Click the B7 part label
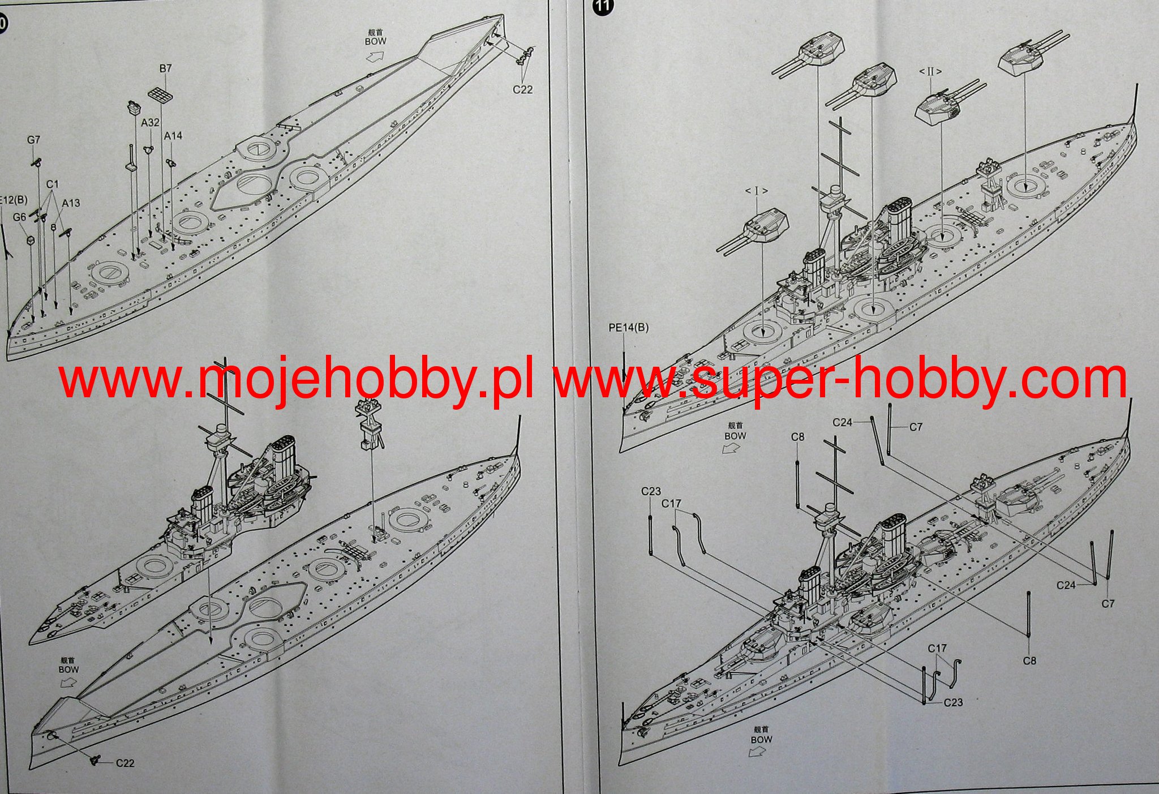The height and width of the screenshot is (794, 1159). tap(165, 68)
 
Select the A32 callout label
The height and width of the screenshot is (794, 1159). tap(150, 122)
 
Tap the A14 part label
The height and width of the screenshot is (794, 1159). tap(173, 136)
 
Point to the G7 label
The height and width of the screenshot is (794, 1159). tap(34, 139)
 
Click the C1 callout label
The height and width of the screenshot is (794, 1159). tap(53, 184)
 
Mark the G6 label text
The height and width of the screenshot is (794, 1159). tap(20, 217)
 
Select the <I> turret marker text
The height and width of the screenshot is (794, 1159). tap(756, 191)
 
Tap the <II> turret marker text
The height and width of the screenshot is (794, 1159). tap(930, 72)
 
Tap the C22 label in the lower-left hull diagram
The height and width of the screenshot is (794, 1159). tap(125, 763)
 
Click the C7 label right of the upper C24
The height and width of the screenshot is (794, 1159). tap(915, 427)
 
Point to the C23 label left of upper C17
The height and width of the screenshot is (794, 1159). tap(651, 491)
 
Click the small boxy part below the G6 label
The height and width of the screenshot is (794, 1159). tap(30, 241)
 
